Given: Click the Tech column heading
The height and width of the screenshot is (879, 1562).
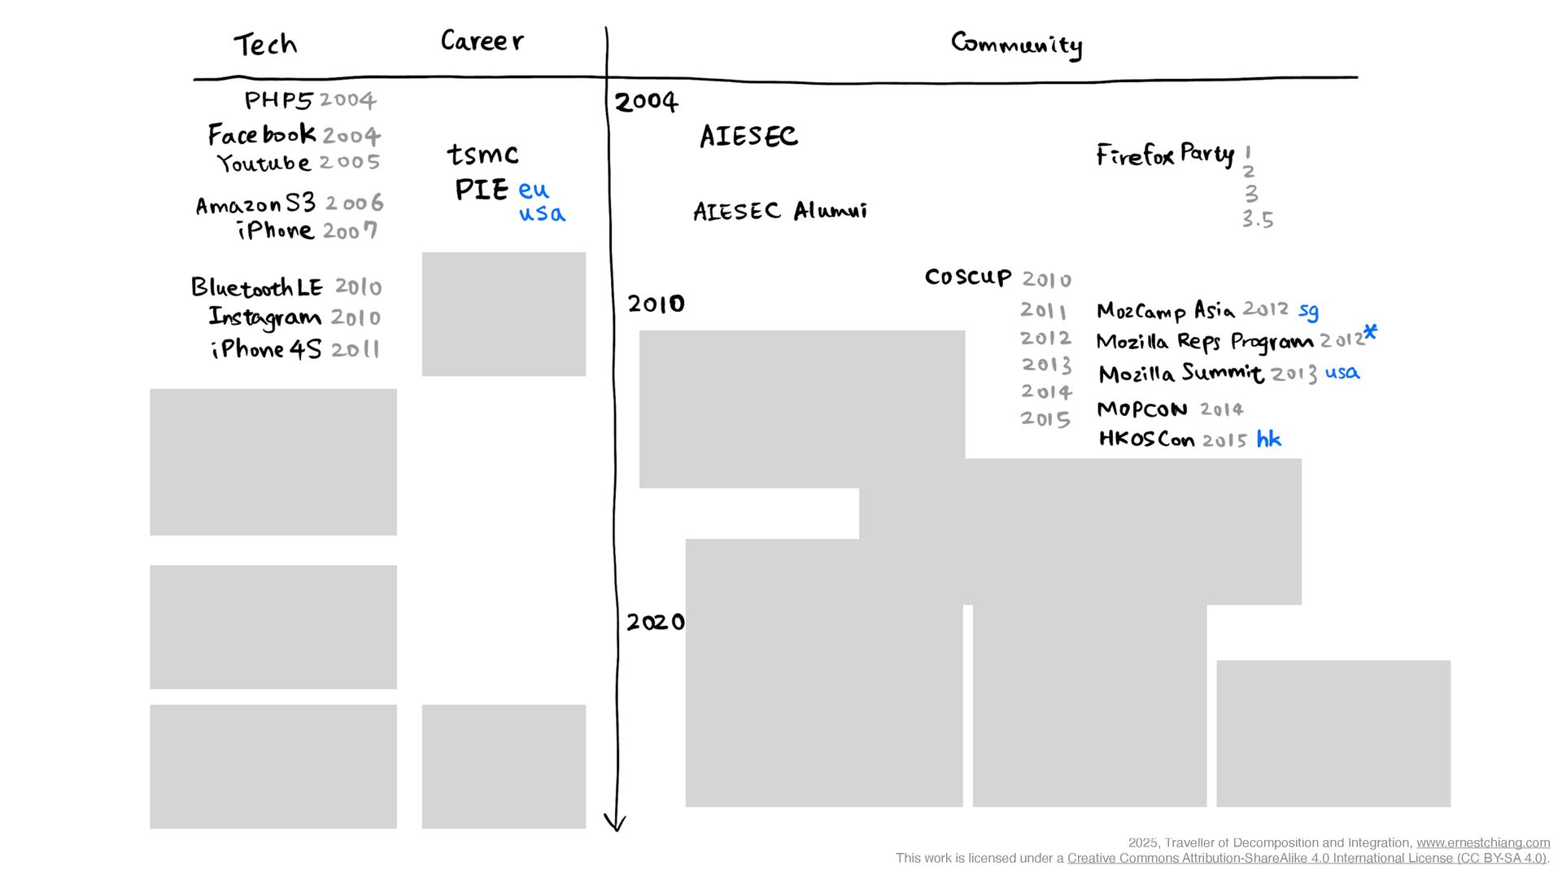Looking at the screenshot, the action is point(265,44).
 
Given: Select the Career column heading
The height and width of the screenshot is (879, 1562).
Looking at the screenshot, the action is point(482,40).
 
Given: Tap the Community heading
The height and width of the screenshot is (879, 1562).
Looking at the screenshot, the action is point(1016,44).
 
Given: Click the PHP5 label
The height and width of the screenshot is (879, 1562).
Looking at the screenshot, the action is point(278,99).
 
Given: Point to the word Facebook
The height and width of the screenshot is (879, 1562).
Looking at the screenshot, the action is point(261,134).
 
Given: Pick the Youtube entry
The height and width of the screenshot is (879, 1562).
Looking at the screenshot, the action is point(264,163).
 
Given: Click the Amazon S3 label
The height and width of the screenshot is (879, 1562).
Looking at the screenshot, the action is point(255,203).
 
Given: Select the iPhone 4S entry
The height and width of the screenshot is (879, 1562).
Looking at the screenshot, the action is point(266,349).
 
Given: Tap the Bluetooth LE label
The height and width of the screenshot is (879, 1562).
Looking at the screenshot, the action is point(256,286).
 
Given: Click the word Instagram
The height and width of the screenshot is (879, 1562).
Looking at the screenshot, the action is point(264,317).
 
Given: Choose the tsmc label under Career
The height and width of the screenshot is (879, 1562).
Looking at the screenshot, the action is point(482,154).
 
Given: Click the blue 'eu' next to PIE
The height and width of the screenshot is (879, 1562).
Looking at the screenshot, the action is point(534,190).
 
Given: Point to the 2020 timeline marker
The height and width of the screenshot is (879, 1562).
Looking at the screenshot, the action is point(656,622).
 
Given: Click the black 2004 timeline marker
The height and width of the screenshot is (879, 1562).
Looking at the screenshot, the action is point(646,102).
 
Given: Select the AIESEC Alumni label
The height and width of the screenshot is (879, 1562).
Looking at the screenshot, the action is point(779,211).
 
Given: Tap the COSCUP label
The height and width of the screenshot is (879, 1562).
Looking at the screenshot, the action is point(968,277).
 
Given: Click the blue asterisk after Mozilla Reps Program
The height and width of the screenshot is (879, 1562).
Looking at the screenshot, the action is point(1371,331).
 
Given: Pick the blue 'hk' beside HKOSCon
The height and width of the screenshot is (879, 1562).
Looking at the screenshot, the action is point(1269,439).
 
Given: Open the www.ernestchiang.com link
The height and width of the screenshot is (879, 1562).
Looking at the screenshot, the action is point(1482,843).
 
